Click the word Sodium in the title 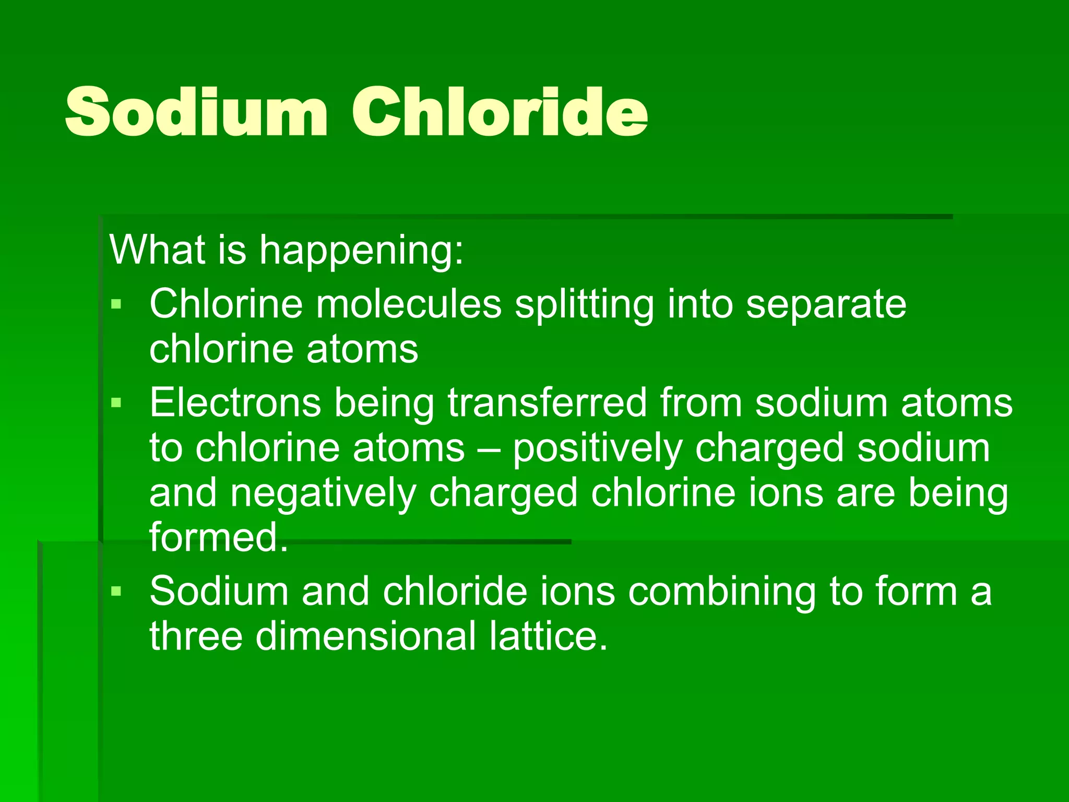click(196, 112)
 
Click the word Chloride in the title click(500, 112)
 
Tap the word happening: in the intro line click(361, 251)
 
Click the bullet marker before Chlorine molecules click(116, 304)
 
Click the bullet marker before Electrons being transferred click(116, 403)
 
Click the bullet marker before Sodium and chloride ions click(116, 591)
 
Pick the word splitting click(584, 305)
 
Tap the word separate click(826, 305)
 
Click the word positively click(597, 449)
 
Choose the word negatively click(324, 494)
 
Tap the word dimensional click(365, 636)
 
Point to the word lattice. click(548, 636)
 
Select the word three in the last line click(196, 636)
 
